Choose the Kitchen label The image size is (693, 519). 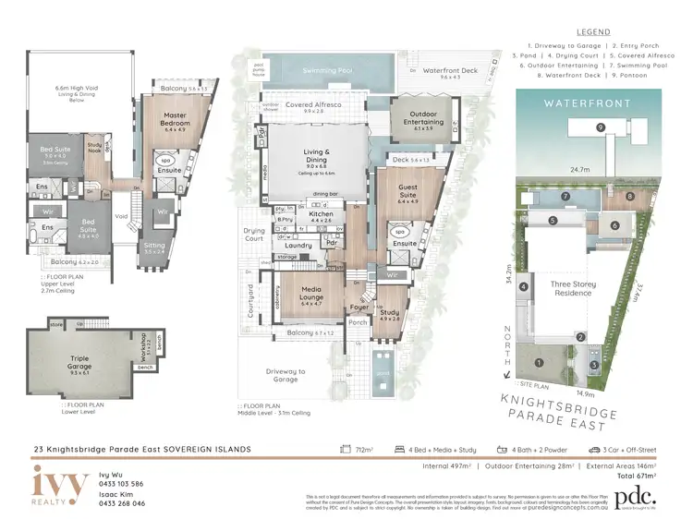click(x=321, y=214)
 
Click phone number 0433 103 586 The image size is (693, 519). click(x=121, y=483)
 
